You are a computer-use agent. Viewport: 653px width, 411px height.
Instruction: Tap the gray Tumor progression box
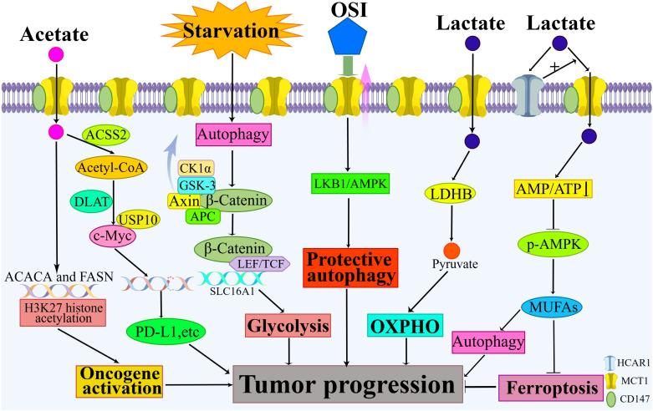click(x=349, y=386)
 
